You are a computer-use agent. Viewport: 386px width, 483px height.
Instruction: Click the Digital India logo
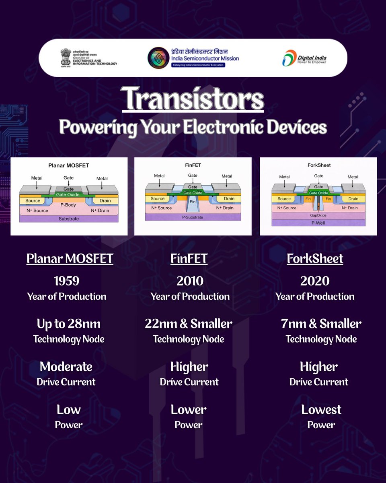coord(304,58)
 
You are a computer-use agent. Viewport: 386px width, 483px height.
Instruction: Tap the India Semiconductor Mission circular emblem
coord(158,58)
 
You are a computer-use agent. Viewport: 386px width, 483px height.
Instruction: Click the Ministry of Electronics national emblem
coord(66,57)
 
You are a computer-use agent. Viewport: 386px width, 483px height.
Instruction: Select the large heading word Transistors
coord(193,99)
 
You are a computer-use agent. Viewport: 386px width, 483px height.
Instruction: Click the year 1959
coord(66,281)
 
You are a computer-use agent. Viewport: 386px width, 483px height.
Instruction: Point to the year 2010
coord(190,281)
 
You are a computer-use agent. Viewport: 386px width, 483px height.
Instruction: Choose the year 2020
coord(315,281)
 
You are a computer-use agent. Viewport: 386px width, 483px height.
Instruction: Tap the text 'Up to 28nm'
coord(69,324)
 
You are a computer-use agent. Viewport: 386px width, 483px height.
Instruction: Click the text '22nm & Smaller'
coord(189,324)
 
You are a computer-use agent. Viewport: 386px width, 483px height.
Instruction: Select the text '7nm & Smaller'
coord(321,324)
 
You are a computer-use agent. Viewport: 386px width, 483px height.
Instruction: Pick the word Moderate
coord(66,367)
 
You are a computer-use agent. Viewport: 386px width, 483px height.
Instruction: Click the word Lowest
coord(321,410)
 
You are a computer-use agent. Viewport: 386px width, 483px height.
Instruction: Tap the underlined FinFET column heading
coord(189,258)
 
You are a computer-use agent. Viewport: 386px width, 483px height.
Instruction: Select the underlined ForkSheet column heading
coord(315,258)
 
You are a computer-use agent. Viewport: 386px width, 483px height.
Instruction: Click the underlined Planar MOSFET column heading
coord(70,258)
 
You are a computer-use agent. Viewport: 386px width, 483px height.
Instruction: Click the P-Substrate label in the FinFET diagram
coord(193,217)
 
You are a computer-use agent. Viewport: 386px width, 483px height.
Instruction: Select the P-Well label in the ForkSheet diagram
coord(318,223)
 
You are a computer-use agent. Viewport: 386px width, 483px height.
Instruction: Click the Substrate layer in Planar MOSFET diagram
coord(68,219)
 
